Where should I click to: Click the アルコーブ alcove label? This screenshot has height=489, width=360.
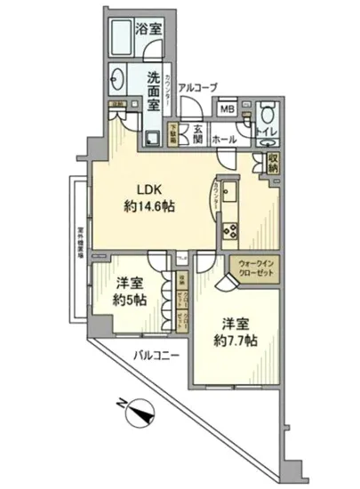pyautogui.click(x=197, y=86)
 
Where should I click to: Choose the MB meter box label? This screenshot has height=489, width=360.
pyautogui.click(x=228, y=110)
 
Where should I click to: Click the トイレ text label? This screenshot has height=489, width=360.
pyautogui.click(x=265, y=133)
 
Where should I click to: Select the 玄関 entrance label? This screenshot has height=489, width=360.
pyautogui.click(x=198, y=133)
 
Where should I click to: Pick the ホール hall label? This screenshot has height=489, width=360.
pyautogui.click(x=224, y=140)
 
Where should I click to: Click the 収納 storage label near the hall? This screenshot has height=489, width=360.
pyautogui.click(x=272, y=162)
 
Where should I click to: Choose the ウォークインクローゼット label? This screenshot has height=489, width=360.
pyautogui.click(x=256, y=269)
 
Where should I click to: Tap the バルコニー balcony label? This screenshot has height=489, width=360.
pyautogui.click(x=157, y=357)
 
